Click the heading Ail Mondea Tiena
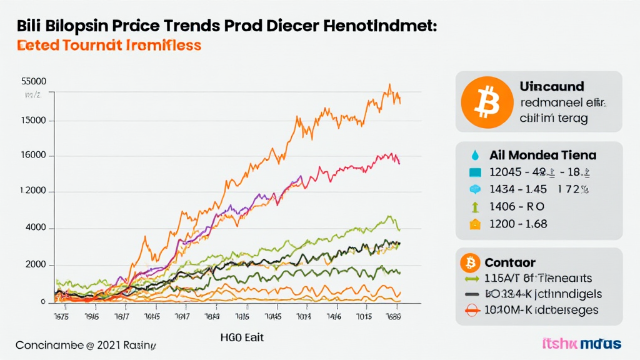[543, 154]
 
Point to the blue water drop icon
[476, 154]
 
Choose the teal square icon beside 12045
[475, 172]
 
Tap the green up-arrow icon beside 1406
[475, 206]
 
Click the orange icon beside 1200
[475, 224]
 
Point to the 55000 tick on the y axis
[34, 81]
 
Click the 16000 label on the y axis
[34, 156]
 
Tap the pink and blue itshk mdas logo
[582, 344]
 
